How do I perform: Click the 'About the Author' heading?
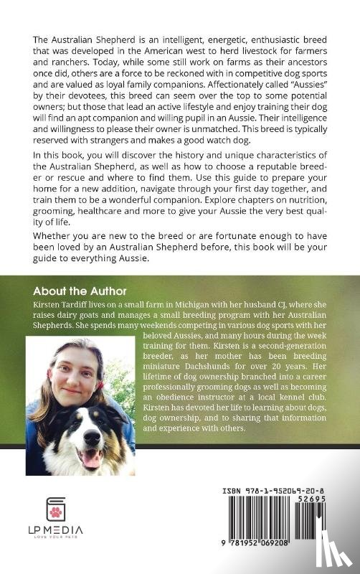pyautogui.click(x=80, y=292)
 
